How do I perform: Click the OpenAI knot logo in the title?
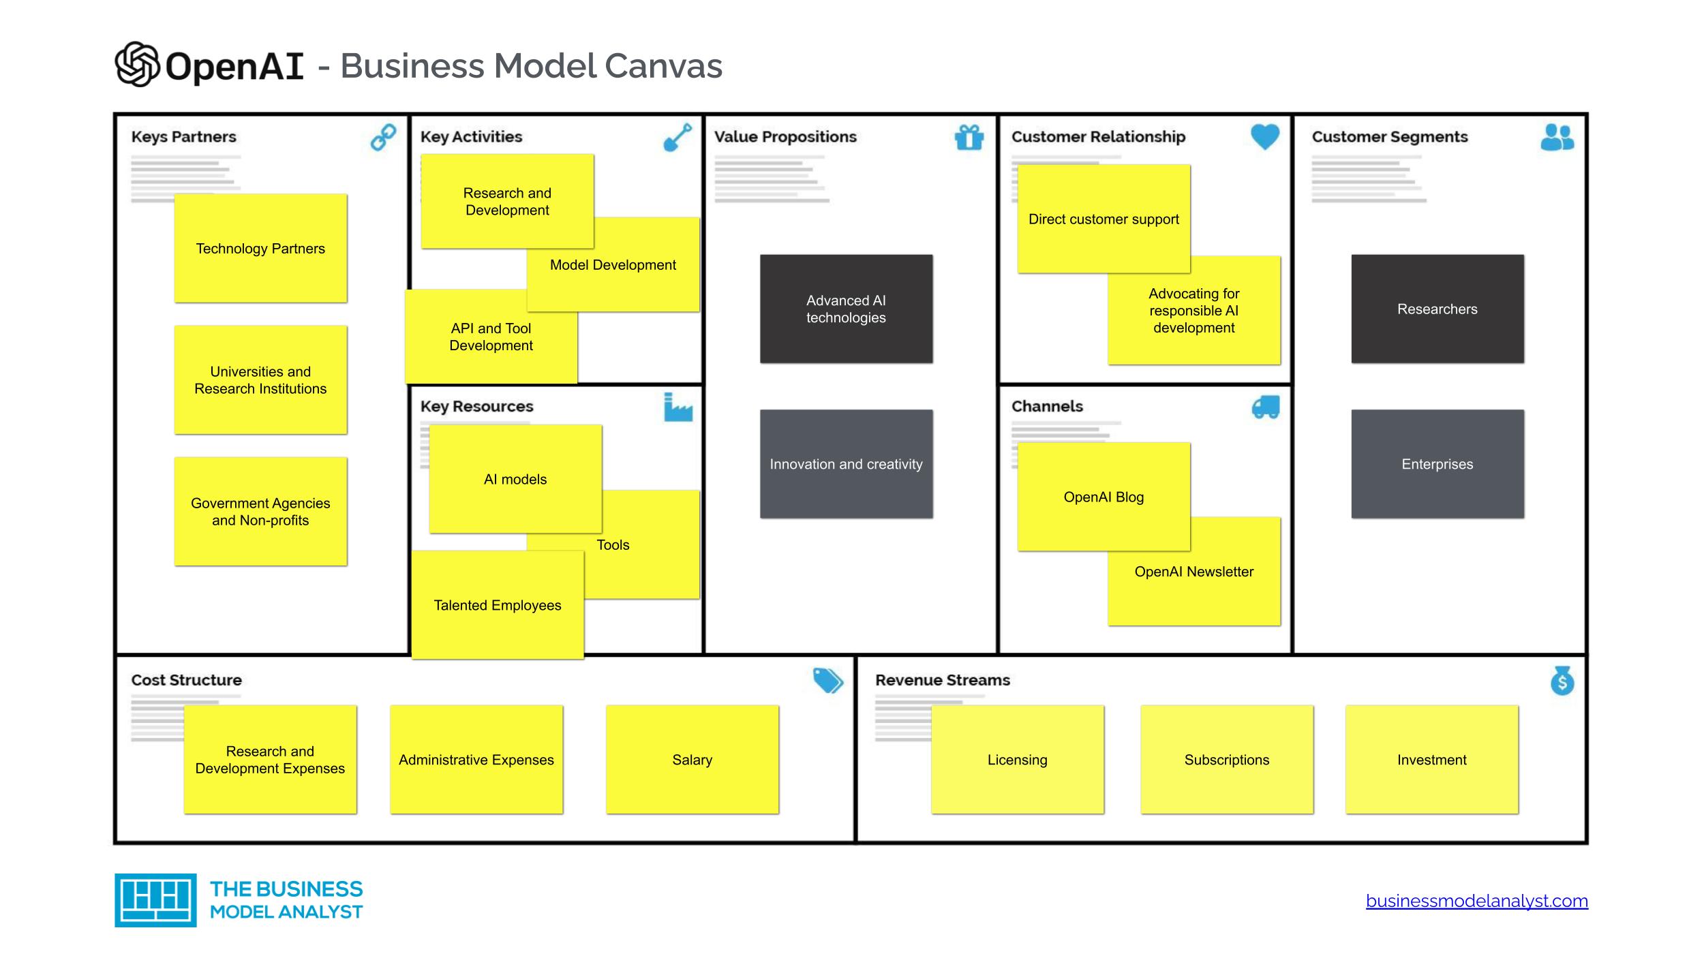click(137, 65)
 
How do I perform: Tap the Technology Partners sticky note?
click(260, 248)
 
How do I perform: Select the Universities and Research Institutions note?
click(260, 380)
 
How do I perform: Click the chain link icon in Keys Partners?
click(383, 137)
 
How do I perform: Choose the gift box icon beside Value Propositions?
click(969, 137)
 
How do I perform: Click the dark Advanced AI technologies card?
click(846, 309)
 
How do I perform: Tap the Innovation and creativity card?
click(846, 464)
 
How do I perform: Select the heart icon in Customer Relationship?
click(1264, 136)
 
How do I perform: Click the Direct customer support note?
click(1104, 219)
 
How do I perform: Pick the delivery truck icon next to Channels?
click(1265, 407)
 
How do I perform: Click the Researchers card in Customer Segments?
click(1437, 309)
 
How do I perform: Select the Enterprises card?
click(1437, 464)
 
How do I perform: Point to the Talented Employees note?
click(498, 605)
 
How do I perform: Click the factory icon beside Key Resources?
click(678, 407)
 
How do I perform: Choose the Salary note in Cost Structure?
click(692, 759)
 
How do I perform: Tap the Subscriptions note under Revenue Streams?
click(1226, 759)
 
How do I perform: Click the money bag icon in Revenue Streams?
click(1562, 681)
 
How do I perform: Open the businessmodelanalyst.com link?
click(1476, 901)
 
